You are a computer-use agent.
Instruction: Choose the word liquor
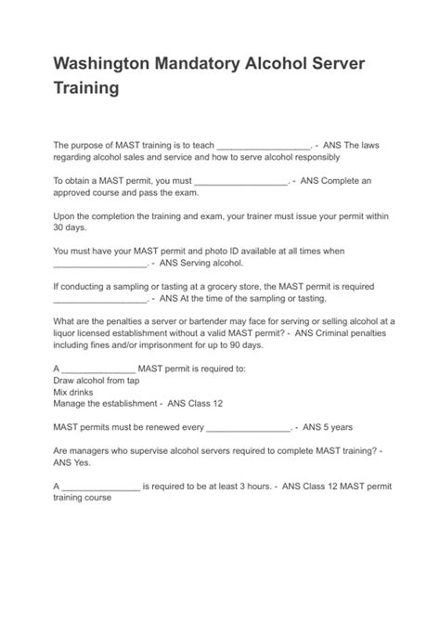click(x=68, y=332)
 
